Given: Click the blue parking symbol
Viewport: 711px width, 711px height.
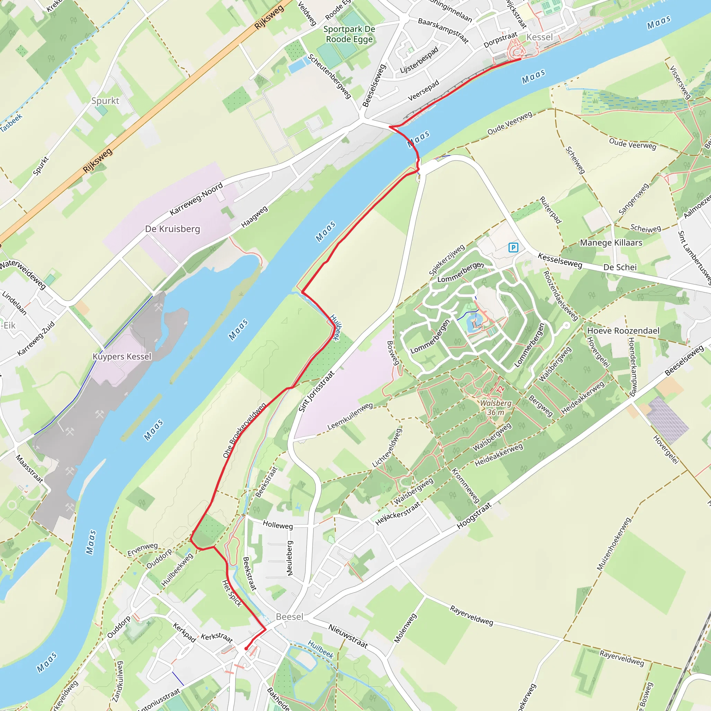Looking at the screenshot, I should [x=513, y=248].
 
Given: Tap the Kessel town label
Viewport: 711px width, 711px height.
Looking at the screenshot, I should [x=539, y=37].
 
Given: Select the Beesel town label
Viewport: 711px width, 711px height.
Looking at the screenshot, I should [x=290, y=617].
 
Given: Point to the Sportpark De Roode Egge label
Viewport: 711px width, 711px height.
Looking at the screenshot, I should [x=349, y=34].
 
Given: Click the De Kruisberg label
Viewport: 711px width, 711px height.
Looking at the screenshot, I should [x=173, y=229].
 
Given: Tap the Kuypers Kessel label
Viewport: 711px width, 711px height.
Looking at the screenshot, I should [x=122, y=357].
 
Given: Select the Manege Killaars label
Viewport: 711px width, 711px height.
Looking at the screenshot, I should [x=611, y=243].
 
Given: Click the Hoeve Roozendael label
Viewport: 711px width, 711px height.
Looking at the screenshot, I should [x=623, y=331].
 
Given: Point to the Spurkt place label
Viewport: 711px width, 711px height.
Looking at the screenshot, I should [x=105, y=101].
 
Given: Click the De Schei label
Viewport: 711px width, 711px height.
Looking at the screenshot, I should [x=620, y=268].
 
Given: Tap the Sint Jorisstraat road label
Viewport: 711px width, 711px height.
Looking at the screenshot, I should [x=316, y=392].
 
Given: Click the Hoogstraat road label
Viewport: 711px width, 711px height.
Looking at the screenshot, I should [x=474, y=516].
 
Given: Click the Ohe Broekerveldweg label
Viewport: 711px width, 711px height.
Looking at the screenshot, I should [x=244, y=430].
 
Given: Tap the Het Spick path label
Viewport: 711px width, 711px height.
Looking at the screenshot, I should [x=232, y=593].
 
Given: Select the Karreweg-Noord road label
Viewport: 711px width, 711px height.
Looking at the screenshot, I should [x=196, y=199].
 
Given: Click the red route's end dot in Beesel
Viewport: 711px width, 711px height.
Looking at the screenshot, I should [x=246, y=649].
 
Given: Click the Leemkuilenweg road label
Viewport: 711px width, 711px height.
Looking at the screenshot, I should [x=350, y=416].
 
